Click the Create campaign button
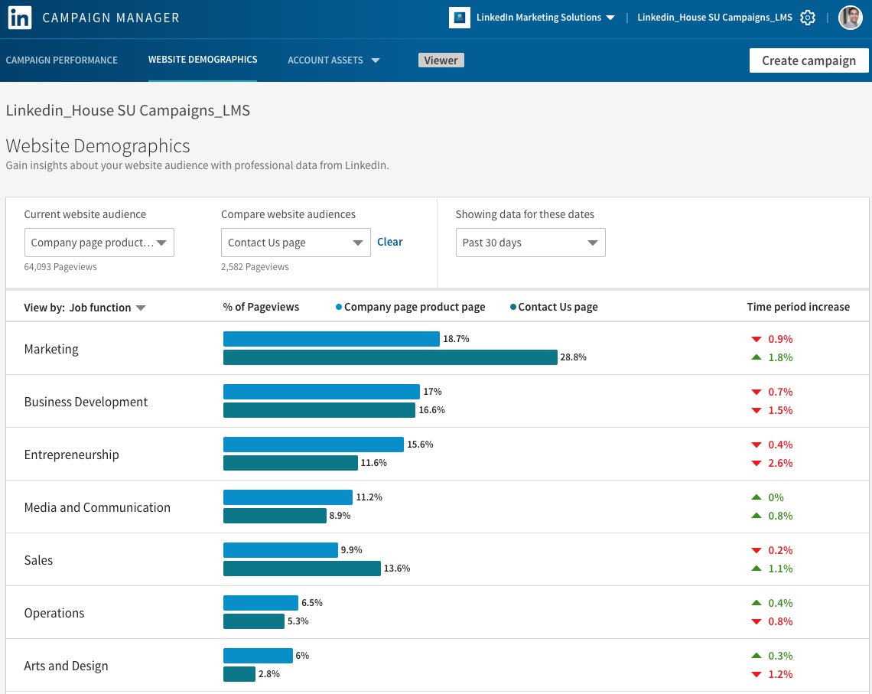click(809, 60)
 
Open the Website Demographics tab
click(203, 60)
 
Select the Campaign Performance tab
click(62, 60)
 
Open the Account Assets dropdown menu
click(334, 60)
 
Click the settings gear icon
click(808, 18)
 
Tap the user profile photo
click(850, 18)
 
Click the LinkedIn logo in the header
click(19, 18)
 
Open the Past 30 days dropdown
click(530, 243)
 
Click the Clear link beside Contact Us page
click(389, 242)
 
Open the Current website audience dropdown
click(99, 243)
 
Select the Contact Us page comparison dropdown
click(295, 243)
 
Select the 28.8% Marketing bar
click(390, 357)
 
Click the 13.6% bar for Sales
click(301, 569)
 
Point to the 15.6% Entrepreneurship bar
click(313, 445)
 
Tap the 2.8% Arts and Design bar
click(239, 674)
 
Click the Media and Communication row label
click(97, 507)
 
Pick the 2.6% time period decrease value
click(779, 463)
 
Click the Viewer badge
click(441, 60)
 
